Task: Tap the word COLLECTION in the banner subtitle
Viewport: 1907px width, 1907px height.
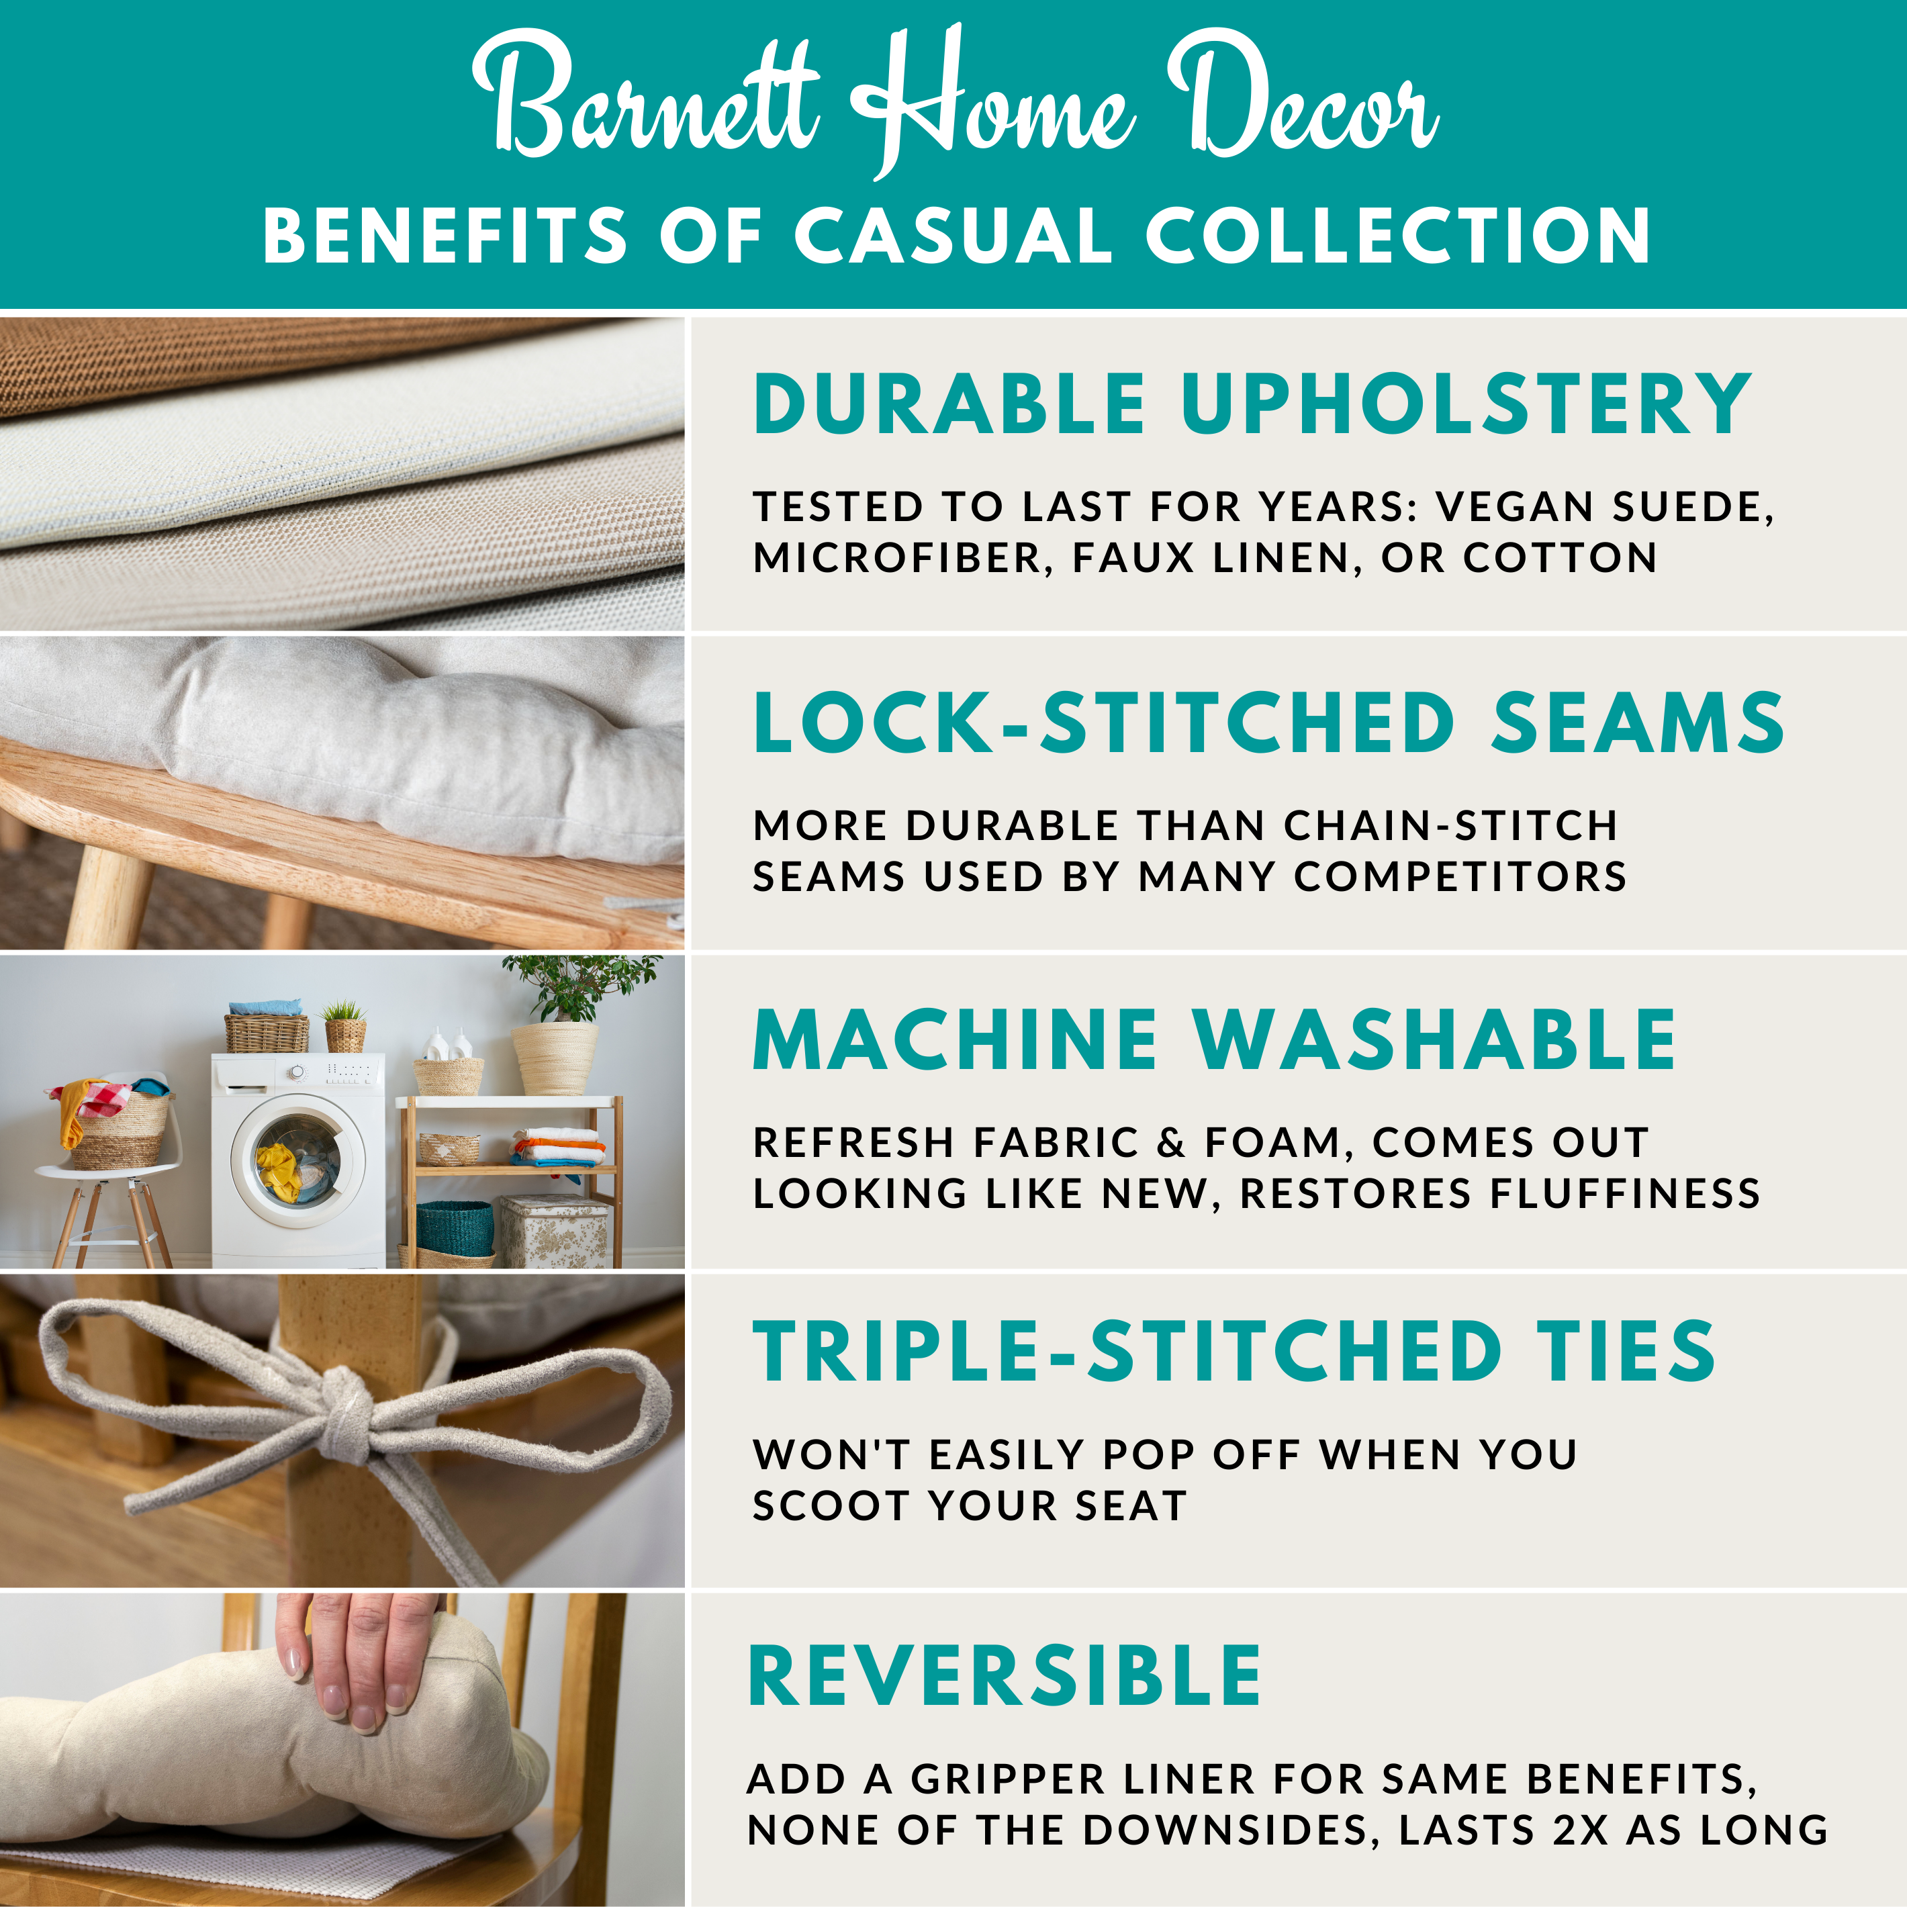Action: (1397, 237)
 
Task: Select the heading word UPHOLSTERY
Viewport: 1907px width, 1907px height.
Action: (1466, 405)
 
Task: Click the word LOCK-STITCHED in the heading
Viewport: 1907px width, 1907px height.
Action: (1103, 723)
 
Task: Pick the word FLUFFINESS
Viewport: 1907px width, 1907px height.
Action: (1625, 1195)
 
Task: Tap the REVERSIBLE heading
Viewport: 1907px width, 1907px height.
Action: (1005, 1676)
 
